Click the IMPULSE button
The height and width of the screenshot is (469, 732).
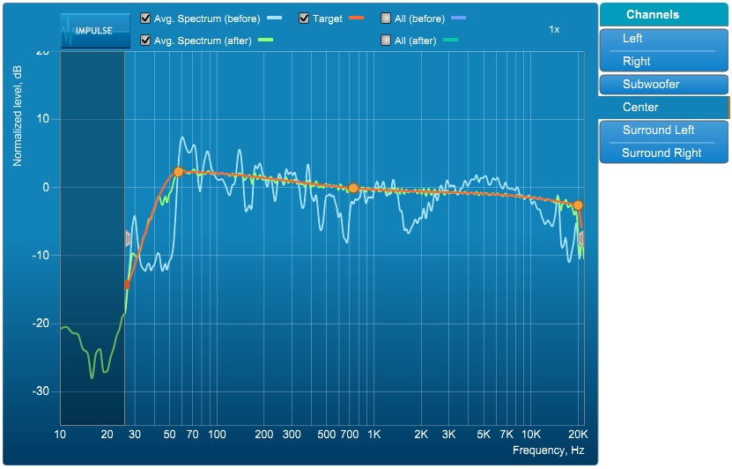point(92,30)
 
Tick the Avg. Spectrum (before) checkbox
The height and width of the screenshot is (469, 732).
point(145,18)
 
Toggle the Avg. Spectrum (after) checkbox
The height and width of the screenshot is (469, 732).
point(145,41)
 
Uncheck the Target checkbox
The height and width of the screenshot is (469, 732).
point(304,18)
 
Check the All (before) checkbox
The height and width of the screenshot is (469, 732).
point(387,18)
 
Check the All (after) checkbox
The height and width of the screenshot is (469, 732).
point(387,41)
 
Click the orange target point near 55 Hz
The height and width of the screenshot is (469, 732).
point(178,172)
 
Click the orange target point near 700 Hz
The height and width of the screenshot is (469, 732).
point(353,188)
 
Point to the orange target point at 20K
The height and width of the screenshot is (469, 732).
point(578,205)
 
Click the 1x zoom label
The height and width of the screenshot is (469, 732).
point(554,29)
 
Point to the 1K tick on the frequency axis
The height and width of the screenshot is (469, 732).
point(373,435)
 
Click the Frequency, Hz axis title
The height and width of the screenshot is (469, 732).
point(548,451)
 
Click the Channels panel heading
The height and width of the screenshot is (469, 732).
point(653,15)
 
